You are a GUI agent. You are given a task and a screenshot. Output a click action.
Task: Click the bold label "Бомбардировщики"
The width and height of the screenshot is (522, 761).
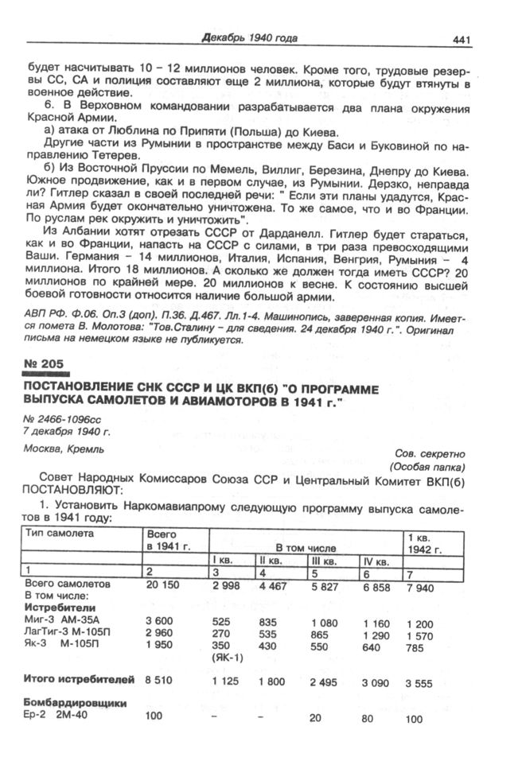[76, 703]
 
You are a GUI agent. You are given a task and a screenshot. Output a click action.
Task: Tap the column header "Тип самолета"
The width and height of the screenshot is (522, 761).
[59, 534]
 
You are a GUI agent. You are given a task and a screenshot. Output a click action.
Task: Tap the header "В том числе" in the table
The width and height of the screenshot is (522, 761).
[307, 548]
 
